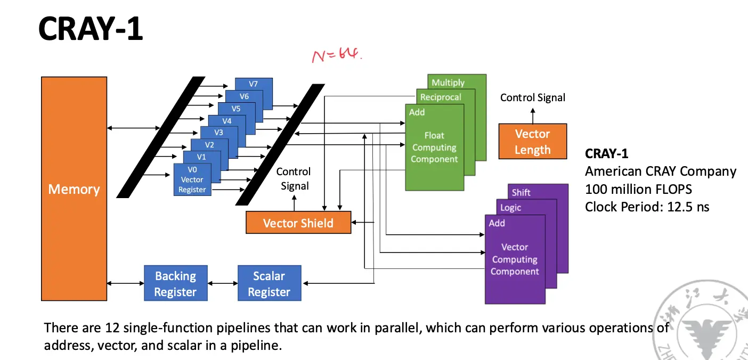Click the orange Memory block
coord(74,189)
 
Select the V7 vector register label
coord(254,84)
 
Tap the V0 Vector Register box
coord(192,180)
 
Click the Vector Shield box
coord(298,223)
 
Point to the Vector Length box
coord(532,142)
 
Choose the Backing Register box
coord(175,284)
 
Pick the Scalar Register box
coord(269,284)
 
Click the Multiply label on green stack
coord(448,83)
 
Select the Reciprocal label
coord(440,97)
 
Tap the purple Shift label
coord(521,192)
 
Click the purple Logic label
coord(510,208)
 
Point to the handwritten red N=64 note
coord(337,55)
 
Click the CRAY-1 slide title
coord(91,29)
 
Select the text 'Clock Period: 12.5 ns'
coord(647,207)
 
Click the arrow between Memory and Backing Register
coord(126,283)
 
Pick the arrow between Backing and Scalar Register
coord(222,283)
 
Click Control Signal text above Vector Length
coord(532,97)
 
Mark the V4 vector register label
coord(227,121)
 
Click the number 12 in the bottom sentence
coord(95,328)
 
